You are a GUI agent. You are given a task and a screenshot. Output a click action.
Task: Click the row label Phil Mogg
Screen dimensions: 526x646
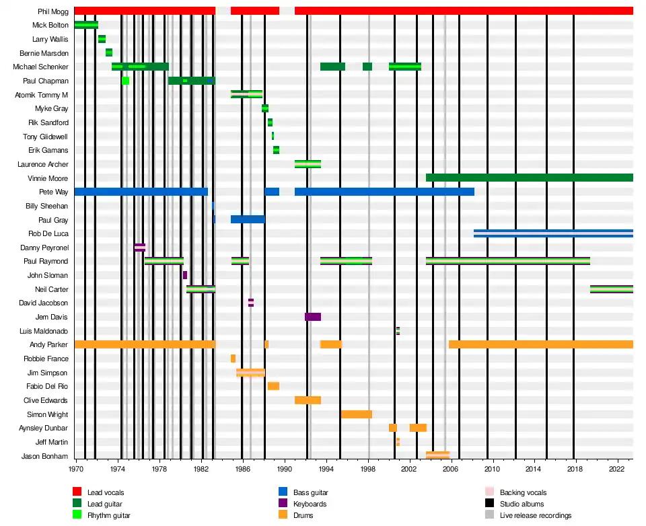[x=52, y=11]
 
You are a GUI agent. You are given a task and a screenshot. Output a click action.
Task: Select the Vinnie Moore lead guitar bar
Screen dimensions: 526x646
[x=529, y=178]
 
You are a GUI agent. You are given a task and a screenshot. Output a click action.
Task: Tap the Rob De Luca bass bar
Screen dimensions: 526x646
[x=553, y=233]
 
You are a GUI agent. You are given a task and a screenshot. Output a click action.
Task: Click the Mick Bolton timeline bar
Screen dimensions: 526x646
[x=86, y=25]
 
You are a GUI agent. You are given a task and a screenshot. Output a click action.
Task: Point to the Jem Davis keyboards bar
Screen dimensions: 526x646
[x=312, y=317]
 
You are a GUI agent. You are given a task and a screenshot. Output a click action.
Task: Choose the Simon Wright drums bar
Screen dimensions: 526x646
[x=356, y=414]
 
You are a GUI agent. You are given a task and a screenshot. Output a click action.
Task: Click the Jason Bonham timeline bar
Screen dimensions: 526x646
[x=437, y=455]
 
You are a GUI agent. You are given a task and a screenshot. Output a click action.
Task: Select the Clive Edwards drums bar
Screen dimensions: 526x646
[x=308, y=400]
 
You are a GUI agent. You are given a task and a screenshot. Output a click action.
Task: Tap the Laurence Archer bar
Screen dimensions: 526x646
[x=308, y=164]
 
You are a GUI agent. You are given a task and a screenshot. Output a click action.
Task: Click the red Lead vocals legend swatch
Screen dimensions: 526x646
[x=77, y=493]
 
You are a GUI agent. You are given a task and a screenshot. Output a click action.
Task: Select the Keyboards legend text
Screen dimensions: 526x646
[x=310, y=504]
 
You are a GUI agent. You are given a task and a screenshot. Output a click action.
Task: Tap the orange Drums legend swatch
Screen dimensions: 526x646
[x=283, y=516]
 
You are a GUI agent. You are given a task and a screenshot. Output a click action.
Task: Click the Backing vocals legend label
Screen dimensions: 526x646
[x=523, y=493]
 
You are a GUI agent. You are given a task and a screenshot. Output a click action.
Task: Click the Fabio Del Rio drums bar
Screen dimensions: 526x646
[x=273, y=386]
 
